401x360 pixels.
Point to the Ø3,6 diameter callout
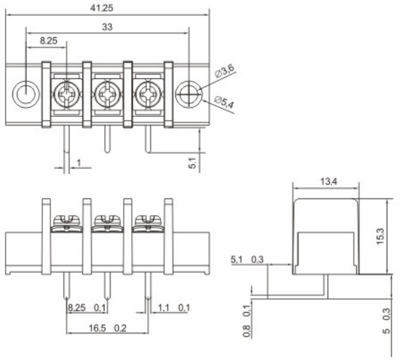tap(224, 73)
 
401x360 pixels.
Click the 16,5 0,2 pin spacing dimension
tap(107, 328)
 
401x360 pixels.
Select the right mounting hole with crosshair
tap(188, 95)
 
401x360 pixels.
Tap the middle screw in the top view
tap(107, 95)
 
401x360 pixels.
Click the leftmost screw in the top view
tap(66, 95)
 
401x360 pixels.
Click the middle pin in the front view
tap(107, 285)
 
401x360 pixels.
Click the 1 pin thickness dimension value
tap(79, 163)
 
